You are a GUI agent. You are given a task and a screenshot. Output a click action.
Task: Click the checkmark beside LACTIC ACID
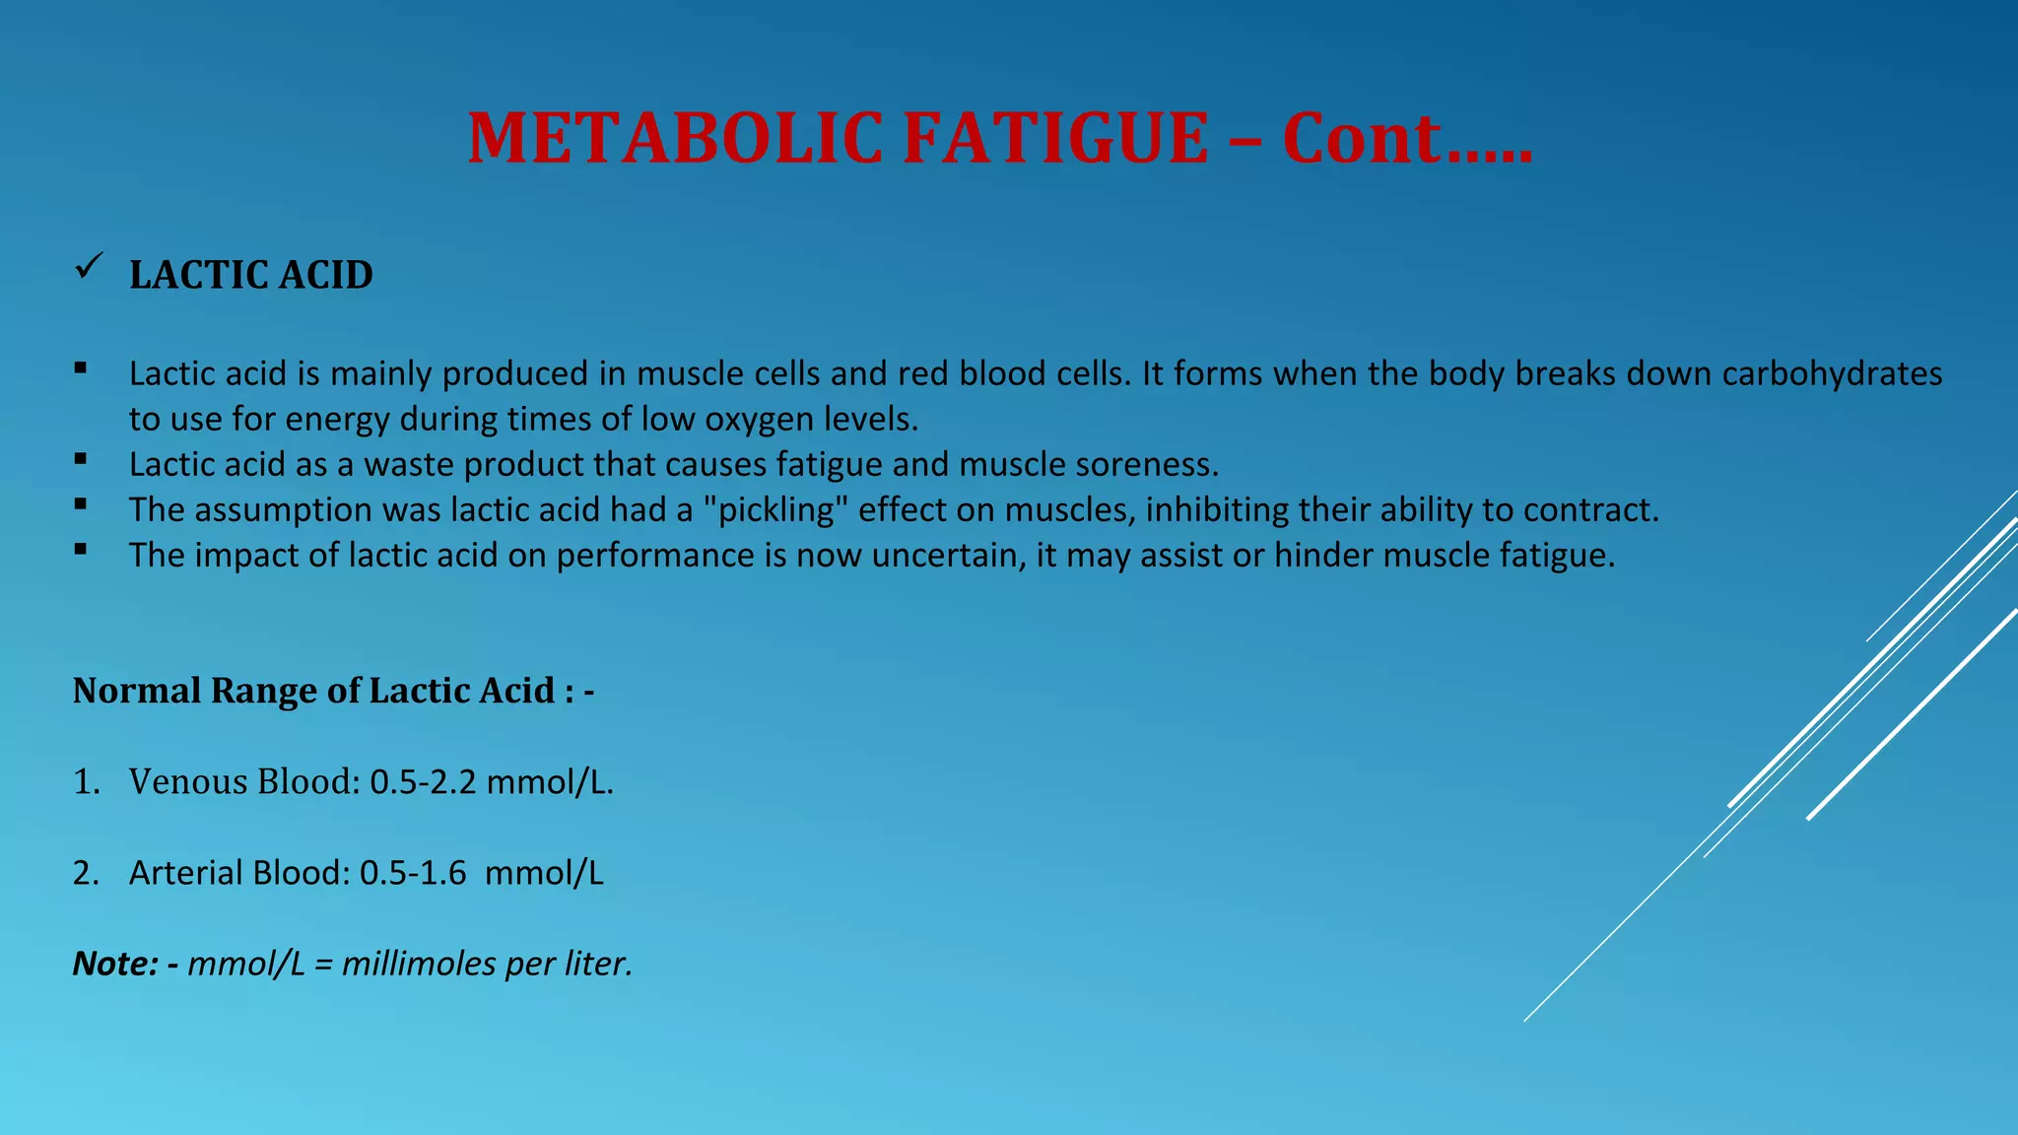(89, 266)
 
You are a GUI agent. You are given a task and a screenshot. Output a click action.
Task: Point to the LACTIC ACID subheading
(251, 275)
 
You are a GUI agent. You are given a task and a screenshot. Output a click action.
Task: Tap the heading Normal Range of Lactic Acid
(333, 691)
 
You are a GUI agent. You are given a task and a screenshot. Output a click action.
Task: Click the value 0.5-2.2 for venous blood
(423, 782)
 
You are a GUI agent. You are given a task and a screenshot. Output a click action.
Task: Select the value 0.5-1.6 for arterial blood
(413, 873)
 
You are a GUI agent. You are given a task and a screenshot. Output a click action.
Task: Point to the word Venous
(188, 782)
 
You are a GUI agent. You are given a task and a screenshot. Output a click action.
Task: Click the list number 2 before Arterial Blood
(85, 873)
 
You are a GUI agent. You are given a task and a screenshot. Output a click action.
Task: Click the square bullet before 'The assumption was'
(80, 504)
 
